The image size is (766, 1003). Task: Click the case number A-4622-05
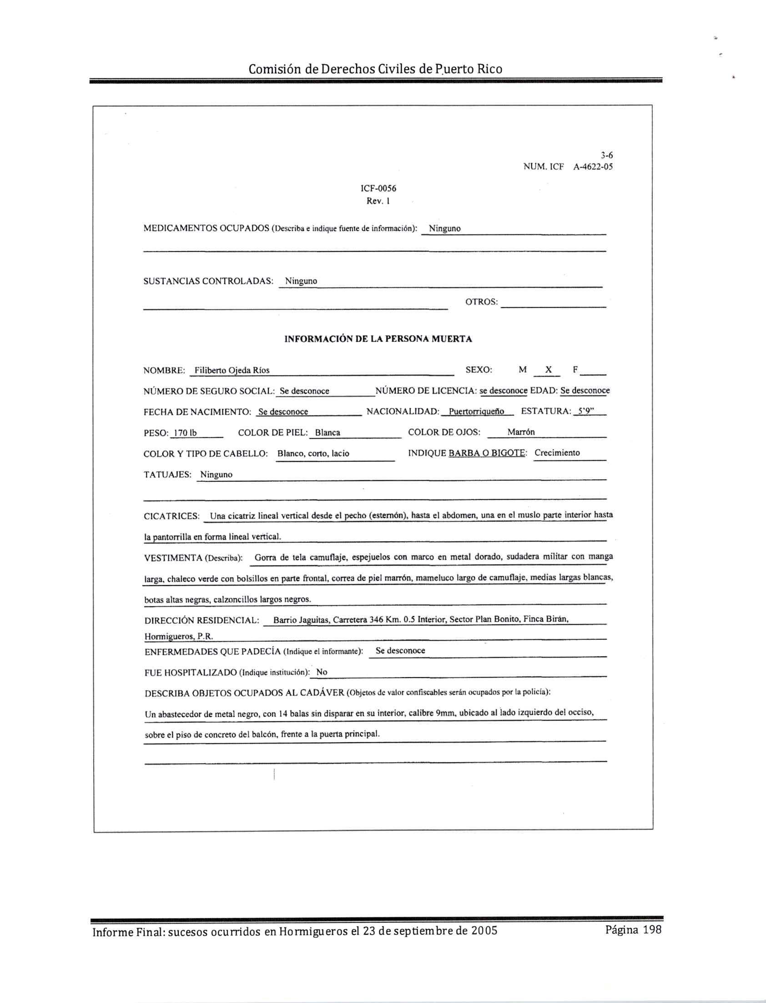coord(593,167)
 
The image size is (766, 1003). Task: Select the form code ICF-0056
coord(378,188)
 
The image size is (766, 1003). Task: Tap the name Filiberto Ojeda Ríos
coord(232,370)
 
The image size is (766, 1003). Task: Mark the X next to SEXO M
coord(548,370)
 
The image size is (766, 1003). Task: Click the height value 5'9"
coord(585,411)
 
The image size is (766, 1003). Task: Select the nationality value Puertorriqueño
coord(476,411)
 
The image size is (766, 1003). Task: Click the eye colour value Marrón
coord(521,432)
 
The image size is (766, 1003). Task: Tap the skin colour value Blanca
coord(328,433)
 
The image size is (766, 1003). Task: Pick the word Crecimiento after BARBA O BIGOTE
coord(557,453)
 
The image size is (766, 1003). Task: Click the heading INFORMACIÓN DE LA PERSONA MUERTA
coord(378,339)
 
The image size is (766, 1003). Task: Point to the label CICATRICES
coord(171,517)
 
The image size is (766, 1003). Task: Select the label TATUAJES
coord(167,475)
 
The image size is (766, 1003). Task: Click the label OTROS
coord(482,302)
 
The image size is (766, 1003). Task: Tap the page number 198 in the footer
coord(652,930)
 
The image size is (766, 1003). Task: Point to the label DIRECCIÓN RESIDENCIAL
coord(202,620)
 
